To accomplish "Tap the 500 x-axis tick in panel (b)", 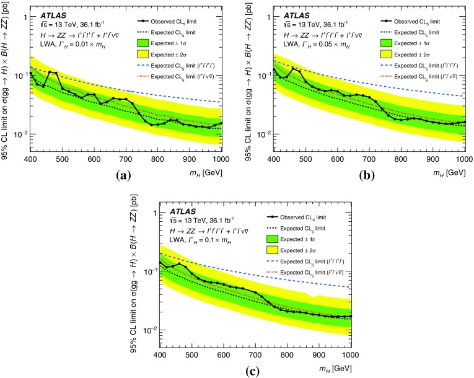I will pyautogui.click(x=304, y=159).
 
